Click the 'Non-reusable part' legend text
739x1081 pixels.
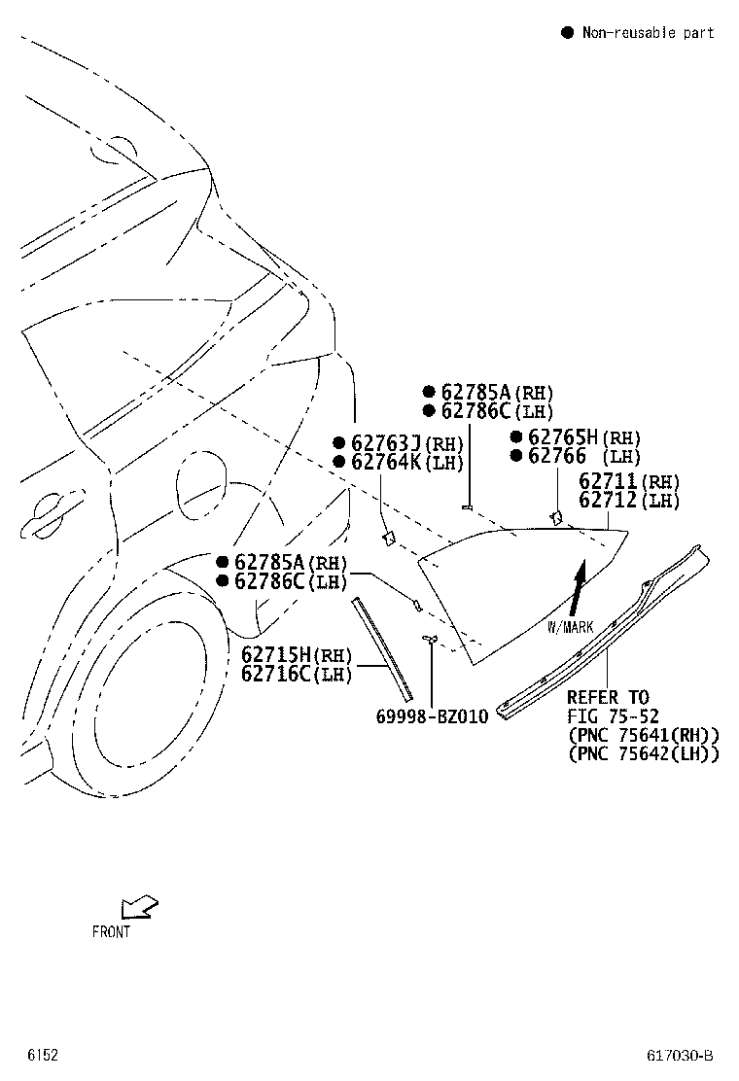(x=648, y=33)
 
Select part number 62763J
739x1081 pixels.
(x=386, y=444)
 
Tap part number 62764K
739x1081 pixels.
(x=386, y=463)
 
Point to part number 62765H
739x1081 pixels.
(x=562, y=437)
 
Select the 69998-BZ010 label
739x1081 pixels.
(x=432, y=716)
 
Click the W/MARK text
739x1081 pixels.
(x=570, y=627)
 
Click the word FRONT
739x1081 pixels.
(x=111, y=931)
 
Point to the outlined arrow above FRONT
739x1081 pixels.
(x=138, y=907)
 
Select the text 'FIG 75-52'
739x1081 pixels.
(x=613, y=716)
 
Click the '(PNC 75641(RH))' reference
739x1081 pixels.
(x=643, y=735)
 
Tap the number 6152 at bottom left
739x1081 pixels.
(x=42, y=1056)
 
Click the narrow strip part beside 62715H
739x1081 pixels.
(x=383, y=648)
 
